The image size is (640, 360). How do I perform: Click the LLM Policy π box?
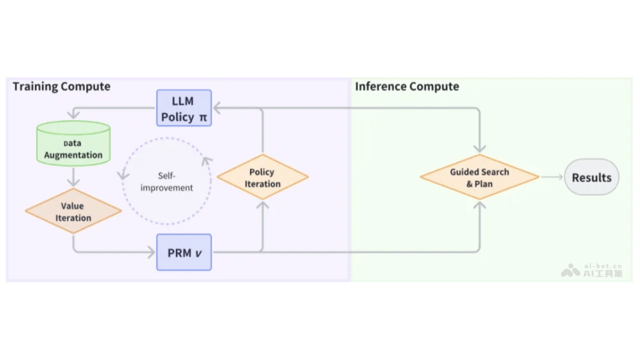(x=184, y=108)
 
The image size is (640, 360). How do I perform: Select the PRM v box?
(x=184, y=252)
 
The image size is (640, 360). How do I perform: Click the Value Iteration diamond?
(x=73, y=211)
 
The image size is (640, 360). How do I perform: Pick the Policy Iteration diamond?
(x=262, y=178)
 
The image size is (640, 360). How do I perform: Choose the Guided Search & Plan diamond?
(x=479, y=178)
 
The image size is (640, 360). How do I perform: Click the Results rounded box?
(x=591, y=177)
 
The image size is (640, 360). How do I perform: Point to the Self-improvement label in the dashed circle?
(x=166, y=182)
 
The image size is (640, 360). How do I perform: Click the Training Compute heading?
(x=61, y=86)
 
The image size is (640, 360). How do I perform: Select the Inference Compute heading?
(x=407, y=86)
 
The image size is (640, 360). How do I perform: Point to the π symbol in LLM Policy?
(x=203, y=117)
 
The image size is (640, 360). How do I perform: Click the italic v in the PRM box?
(x=198, y=253)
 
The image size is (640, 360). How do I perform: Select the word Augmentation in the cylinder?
(x=73, y=155)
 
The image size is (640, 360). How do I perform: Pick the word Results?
(x=591, y=177)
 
